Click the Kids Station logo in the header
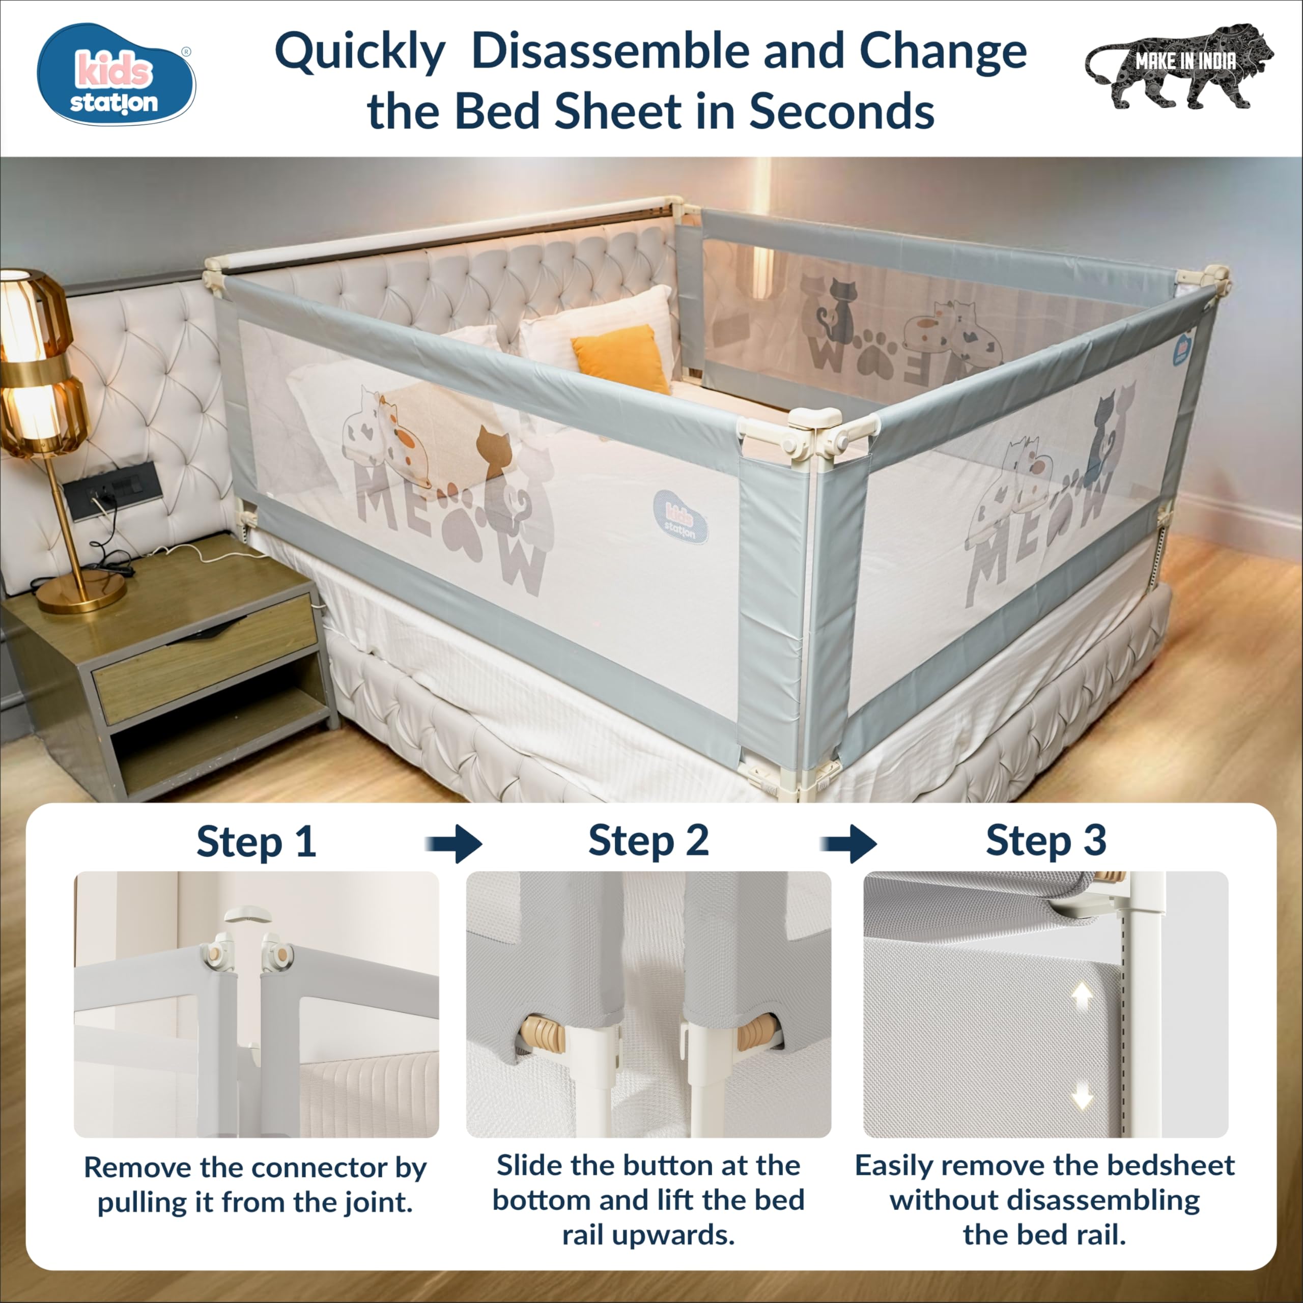pyautogui.click(x=116, y=74)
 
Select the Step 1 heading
pyautogui.click(x=257, y=842)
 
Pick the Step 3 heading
pyautogui.click(x=1046, y=841)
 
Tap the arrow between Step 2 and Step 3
pyautogui.click(x=848, y=844)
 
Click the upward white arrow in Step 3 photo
pyautogui.click(x=1082, y=995)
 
